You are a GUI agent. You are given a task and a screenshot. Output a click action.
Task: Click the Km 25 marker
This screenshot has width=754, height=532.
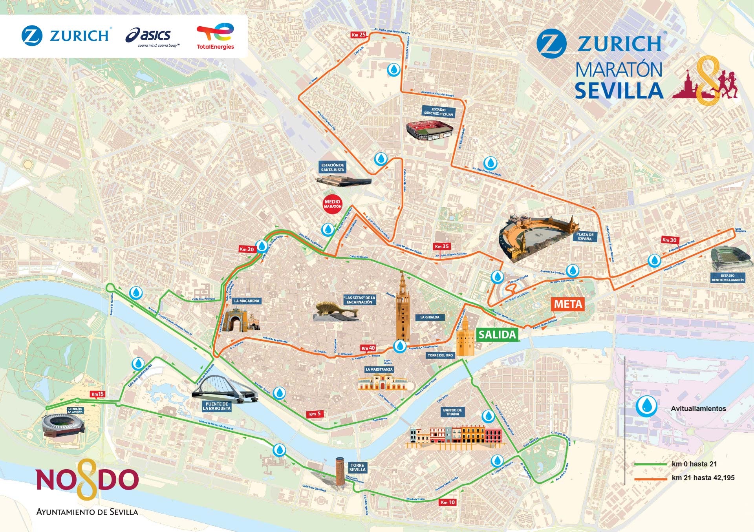tap(358, 35)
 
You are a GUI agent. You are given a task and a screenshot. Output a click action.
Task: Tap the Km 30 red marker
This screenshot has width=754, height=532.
tap(669, 240)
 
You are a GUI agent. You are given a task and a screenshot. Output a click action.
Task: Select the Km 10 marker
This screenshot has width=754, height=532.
tap(447, 502)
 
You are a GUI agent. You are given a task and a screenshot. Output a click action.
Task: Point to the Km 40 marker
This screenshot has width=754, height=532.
tap(368, 348)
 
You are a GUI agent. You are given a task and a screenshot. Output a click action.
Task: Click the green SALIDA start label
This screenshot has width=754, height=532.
tap(497, 335)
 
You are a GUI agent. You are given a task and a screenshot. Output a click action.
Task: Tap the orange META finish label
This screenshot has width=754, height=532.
tap(568, 304)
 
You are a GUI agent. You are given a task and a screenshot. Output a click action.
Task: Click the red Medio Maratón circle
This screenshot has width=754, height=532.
tap(333, 204)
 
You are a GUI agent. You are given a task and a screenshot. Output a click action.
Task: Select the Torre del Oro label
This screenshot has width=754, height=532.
tap(440, 355)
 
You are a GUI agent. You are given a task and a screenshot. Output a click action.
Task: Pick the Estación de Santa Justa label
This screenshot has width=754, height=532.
tap(333, 168)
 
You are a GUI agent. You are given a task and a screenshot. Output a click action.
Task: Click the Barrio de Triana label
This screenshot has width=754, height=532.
tap(452, 412)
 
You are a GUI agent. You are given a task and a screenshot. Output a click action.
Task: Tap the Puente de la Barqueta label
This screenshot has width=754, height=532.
tap(216, 406)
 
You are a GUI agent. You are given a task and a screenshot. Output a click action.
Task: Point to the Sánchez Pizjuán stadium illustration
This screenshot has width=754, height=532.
tap(429, 131)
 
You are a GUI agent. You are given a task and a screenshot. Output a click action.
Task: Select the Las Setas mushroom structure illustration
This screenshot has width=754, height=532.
tap(336, 311)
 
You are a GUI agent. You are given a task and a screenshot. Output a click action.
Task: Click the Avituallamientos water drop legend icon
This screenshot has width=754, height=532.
tap(646, 406)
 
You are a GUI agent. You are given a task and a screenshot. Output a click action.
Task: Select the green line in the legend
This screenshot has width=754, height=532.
tap(650, 464)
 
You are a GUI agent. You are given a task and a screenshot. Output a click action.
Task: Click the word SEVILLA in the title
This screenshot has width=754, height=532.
tap(619, 90)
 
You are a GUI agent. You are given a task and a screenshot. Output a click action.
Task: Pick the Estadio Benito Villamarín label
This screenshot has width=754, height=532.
tap(727, 278)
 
